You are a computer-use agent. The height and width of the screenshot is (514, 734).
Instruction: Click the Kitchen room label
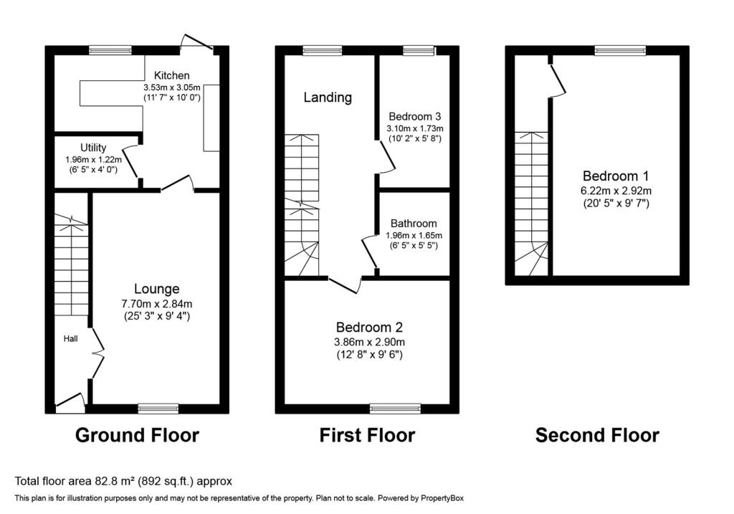click(x=172, y=75)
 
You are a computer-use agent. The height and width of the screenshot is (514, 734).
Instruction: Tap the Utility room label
click(x=93, y=148)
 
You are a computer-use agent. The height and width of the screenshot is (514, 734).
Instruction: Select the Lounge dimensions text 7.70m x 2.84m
click(x=156, y=304)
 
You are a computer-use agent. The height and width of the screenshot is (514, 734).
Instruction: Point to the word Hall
click(x=71, y=338)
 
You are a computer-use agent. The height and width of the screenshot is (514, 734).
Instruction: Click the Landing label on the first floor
click(x=328, y=97)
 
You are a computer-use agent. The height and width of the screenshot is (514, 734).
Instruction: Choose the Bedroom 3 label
click(x=415, y=117)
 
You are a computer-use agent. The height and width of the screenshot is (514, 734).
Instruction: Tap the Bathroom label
click(x=414, y=224)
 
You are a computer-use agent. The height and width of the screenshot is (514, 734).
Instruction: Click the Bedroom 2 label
click(x=369, y=327)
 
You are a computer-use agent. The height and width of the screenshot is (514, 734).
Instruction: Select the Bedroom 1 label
click(x=616, y=176)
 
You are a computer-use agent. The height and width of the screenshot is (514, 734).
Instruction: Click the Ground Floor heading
click(x=137, y=435)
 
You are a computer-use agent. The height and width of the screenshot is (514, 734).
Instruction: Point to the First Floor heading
click(x=367, y=435)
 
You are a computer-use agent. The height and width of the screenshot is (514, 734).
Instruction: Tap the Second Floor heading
click(x=597, y=435)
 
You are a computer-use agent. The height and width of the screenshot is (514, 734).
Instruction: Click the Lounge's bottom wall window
click(x=158, y=409)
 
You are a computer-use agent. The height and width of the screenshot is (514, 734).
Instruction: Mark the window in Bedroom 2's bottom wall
click(x=395, y=409)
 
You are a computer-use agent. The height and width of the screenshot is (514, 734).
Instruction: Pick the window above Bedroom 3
click(x=419, y=50)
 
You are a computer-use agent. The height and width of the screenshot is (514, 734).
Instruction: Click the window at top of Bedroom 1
click(x=620, y=50)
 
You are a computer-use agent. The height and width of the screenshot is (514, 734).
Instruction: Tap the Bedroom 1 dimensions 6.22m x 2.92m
click(x=616, y=191)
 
